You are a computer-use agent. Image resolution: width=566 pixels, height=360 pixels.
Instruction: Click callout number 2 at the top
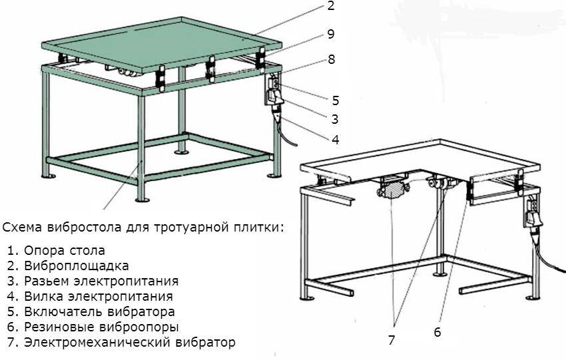331,6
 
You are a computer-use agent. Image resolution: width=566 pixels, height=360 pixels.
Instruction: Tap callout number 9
331,34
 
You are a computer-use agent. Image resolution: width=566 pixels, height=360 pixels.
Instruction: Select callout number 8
332,59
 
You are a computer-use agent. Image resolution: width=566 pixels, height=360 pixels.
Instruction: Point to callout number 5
336,100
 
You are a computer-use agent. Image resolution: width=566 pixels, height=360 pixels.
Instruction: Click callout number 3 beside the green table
335,119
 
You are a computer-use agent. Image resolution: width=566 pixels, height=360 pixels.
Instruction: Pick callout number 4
336,140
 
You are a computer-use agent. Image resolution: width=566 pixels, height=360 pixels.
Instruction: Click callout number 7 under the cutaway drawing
392,340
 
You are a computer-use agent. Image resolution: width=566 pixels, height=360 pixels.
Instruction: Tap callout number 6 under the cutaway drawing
437,332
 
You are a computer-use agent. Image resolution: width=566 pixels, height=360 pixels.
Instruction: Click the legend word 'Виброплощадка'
76,266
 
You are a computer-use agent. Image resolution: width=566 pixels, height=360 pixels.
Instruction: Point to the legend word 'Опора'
41,250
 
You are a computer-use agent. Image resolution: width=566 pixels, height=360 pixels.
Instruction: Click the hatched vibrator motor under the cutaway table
391,190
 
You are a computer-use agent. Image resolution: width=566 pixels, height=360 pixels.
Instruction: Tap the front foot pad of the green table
142,199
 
